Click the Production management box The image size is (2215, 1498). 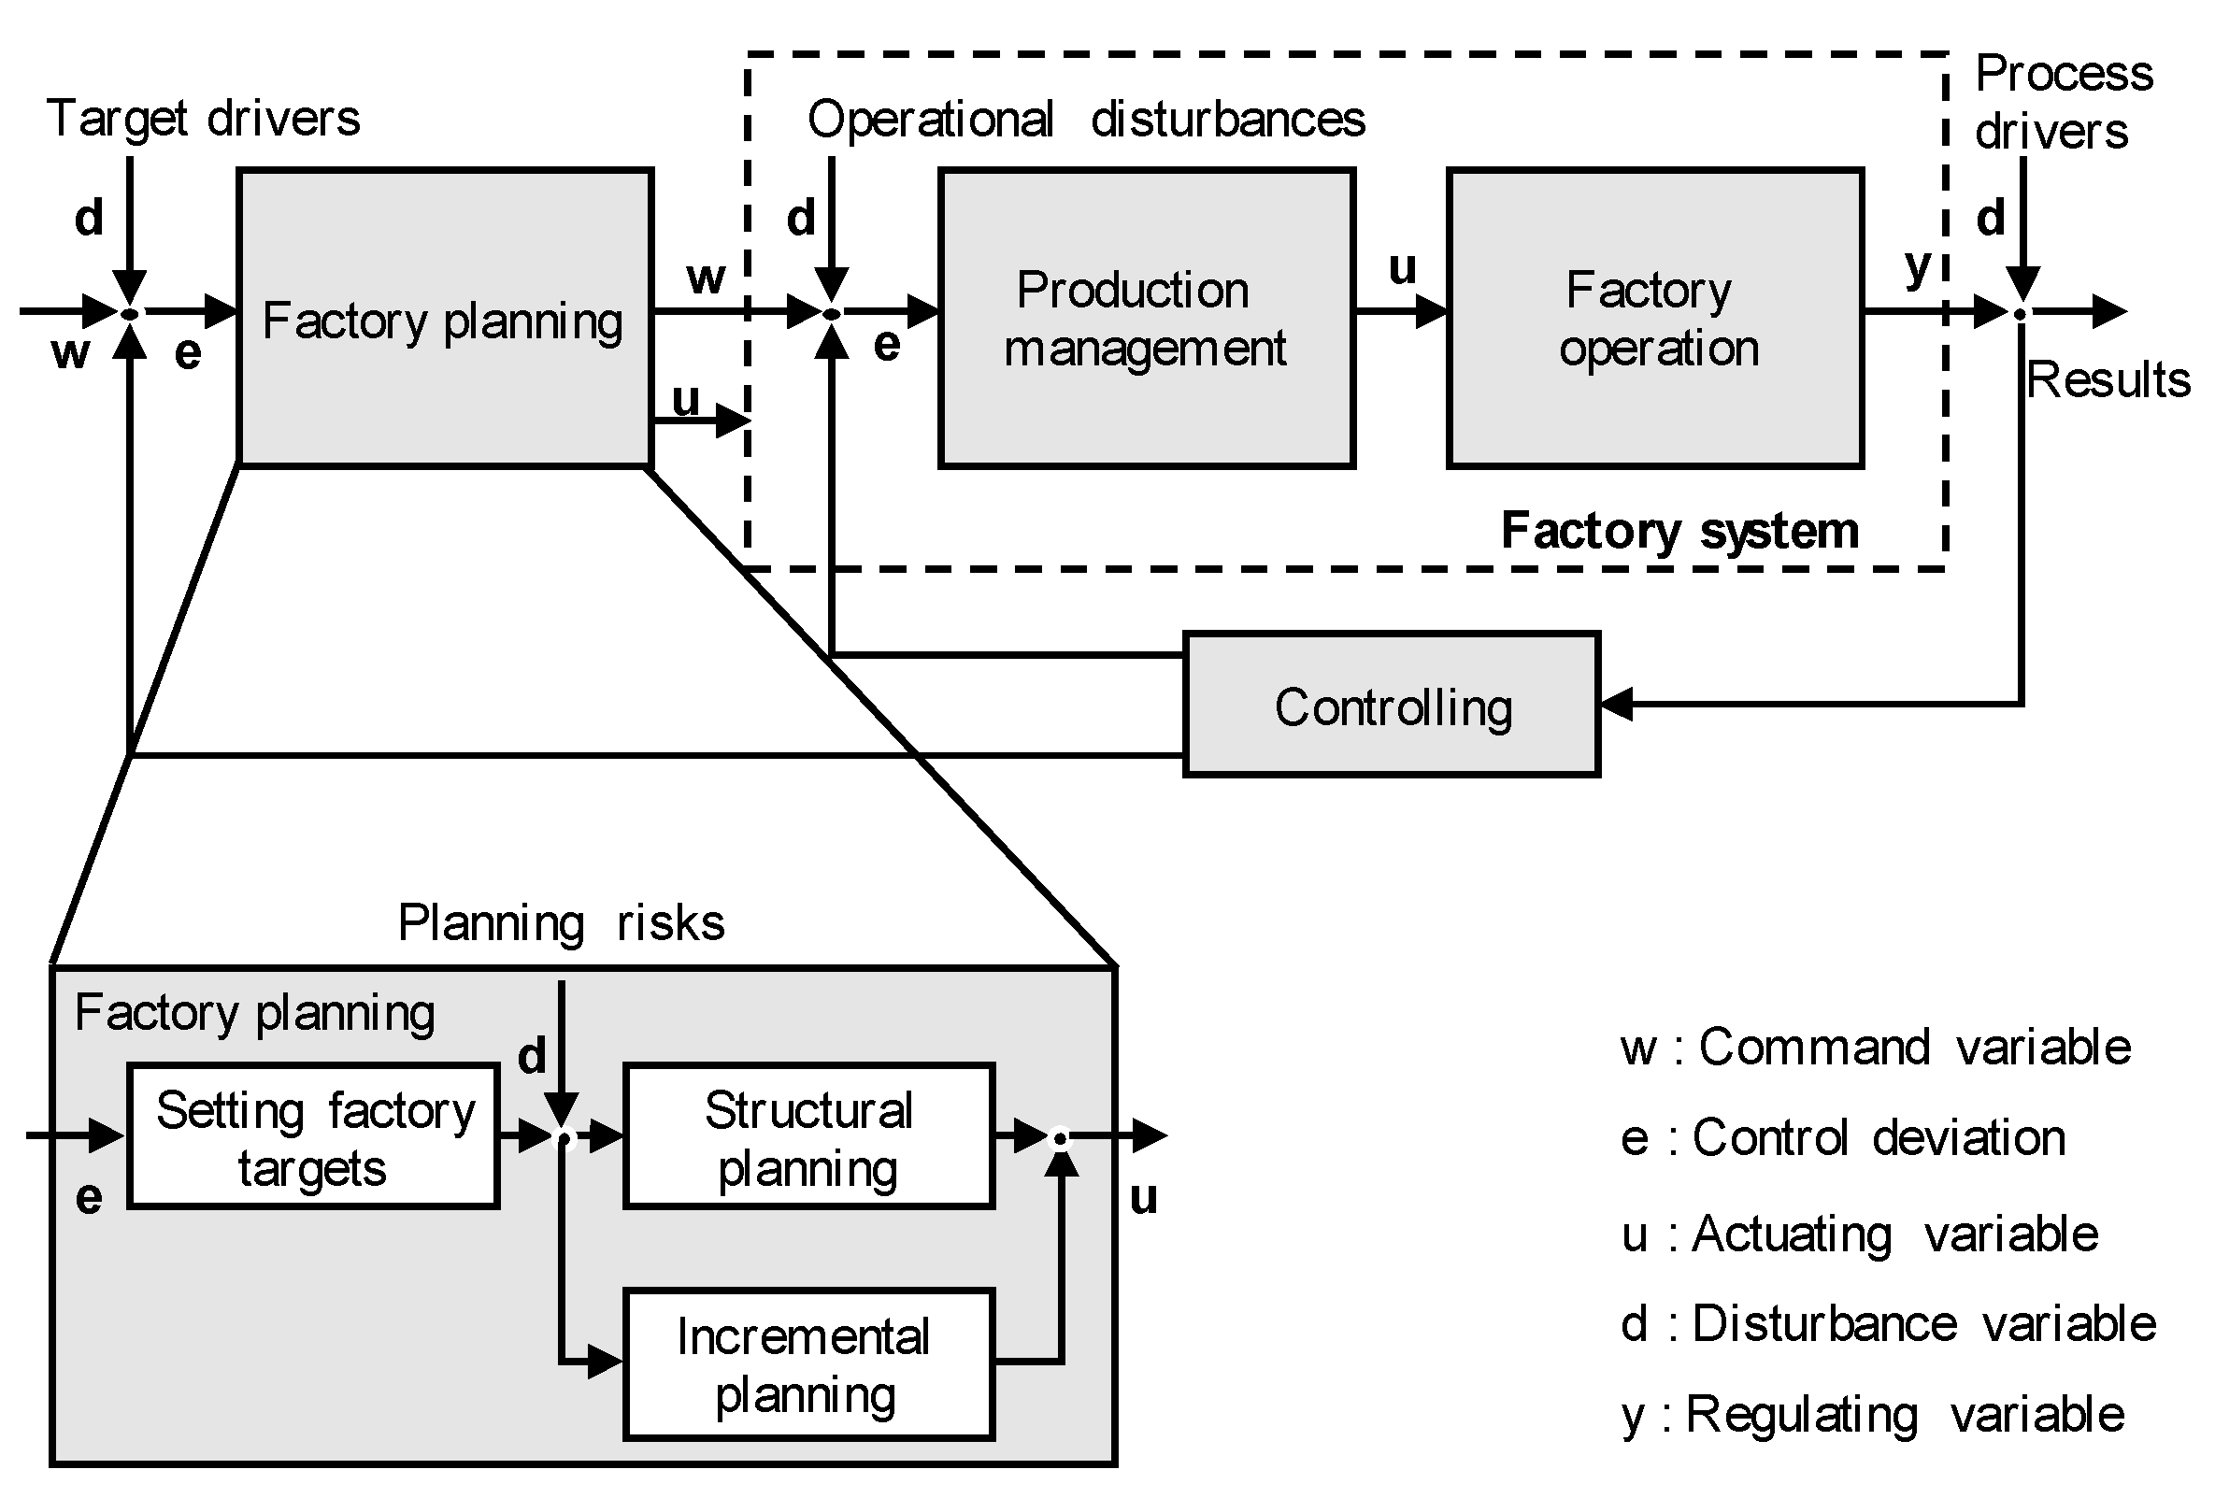click(x=1146, y=319)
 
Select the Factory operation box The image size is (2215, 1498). click(x=1654, y=319)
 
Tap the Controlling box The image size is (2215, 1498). click(x=1392, y=706)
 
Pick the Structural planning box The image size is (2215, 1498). click(x=808, y=1137)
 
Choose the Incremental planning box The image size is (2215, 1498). click(x=808, y=1363)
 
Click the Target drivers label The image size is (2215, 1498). click(x=203, y=119)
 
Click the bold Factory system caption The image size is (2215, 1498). click(x=1679, y=531)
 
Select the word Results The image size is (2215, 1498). click(x=2108, y=380)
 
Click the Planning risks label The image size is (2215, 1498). click(x=561, y=922)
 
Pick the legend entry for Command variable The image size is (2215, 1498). click(x=1875, y=1048)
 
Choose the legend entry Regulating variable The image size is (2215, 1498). click(x=1872, y=1414)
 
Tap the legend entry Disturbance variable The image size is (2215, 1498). click(x=1887, y=1323)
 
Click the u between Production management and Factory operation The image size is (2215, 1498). click(x=1401, y=268)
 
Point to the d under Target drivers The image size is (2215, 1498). click(x=89, y=219)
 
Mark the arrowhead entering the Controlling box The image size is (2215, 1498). click(x=1617, y=705)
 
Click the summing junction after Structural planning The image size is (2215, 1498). click(x=1060, y=1138)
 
